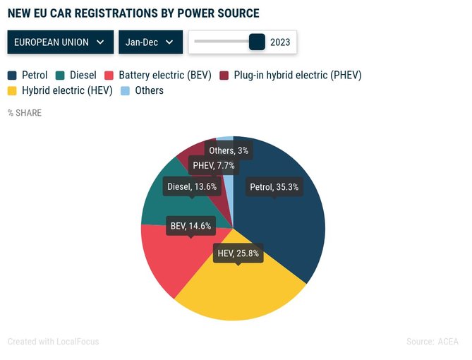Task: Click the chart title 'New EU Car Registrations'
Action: click(133, 13)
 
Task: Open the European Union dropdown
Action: click(60, 42)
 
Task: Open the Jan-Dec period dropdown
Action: click(150, 42)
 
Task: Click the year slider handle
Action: click(257, 42)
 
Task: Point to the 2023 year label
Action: click(280, 42)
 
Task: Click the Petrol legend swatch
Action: click(13, 75)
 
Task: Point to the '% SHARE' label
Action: click(25, 113)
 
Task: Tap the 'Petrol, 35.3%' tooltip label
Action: click(274, 187)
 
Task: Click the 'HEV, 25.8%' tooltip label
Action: click(238, 253)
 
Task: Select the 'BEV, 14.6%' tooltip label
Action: click(190, 226)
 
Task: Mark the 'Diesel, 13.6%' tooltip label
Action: click(192, 187)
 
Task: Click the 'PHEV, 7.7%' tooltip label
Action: click(214, 165)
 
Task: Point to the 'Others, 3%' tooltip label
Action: click(229, 150)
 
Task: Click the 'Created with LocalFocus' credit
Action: click(54, 342)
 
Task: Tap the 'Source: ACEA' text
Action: click(432, 342)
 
